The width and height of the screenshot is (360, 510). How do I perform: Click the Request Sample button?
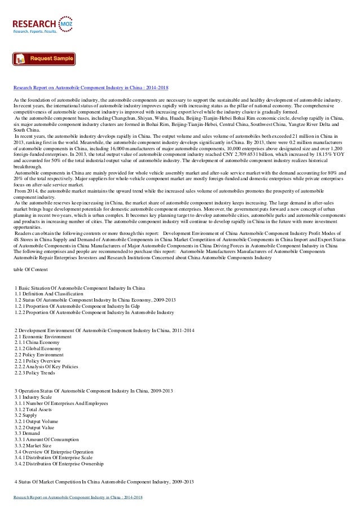click(x=44, y=59)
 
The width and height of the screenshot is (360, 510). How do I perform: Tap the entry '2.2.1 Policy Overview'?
click(x=41, y=361)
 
